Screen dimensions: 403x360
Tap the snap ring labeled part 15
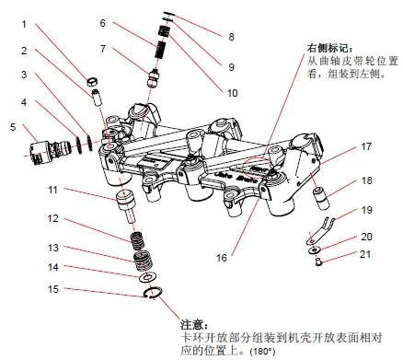pyautogui.click(x=153, y=293)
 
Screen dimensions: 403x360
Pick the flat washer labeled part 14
pyautogui.click(x=147, y=278)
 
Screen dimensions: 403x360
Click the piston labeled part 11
pyautogui.click(x=126, y=204)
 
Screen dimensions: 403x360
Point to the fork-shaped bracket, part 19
pyautogui.click(x=319, y=230)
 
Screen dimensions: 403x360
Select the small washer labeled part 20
pyautogui.click(x=314, y=250)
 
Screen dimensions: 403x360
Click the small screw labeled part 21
pyautogui.click(x=318, y=262)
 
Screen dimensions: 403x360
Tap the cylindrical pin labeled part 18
pyautogui.click(x=321, y=198)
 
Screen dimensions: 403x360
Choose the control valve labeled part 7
pyautogui.click(x=154, y=78)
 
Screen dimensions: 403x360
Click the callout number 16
pyautogui.click(x=221, y=258)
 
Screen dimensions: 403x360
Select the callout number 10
pyautogui.click(x=232, y=93)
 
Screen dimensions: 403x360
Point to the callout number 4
pyautogui.click(x=24, y=102)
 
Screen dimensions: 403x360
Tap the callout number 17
pyautogui.click(x=366, y=146)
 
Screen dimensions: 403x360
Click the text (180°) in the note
pyautogui.click(x=263, y=351)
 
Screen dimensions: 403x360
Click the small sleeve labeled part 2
pyautogui.click(x=97, y=98)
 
